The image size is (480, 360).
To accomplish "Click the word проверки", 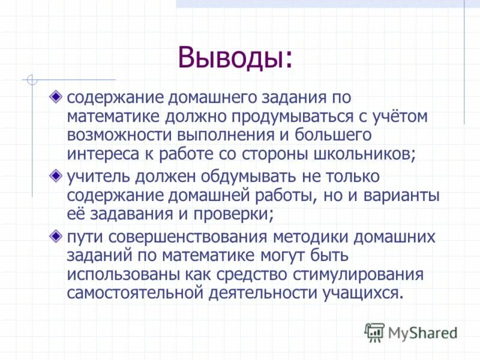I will pyautogui.click(x=236, y=214).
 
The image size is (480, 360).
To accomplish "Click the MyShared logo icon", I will pyautogui.click(x=374, y=332).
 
